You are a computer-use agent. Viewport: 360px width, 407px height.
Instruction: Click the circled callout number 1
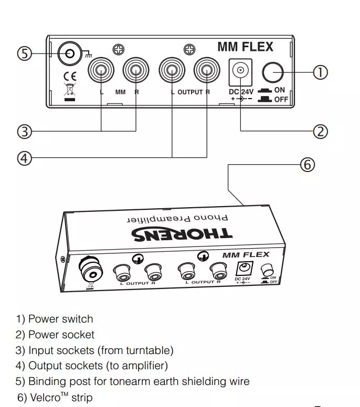[320, 72]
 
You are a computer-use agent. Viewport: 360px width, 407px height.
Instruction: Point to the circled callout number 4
[24, 158]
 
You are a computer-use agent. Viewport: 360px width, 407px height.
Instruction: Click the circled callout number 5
[24, 53]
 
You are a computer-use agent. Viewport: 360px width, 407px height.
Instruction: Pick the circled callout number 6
[307, 165]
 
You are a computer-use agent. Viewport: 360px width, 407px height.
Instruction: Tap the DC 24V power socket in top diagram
[241, 71]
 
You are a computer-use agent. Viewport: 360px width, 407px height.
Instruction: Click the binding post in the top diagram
[68, 52]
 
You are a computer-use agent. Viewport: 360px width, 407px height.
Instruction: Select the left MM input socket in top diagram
[101, 71]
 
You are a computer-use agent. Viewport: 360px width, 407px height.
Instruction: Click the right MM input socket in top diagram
[136, 71]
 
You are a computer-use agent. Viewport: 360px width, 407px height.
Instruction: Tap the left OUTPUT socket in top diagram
[172, 71]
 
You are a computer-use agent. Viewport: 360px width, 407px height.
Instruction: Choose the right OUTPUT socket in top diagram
[206, 71]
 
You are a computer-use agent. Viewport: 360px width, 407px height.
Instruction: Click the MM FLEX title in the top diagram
[245, 47]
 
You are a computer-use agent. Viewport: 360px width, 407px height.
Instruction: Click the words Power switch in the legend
[60, 319]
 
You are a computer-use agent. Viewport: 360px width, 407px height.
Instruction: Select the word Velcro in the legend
[44, 398]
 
